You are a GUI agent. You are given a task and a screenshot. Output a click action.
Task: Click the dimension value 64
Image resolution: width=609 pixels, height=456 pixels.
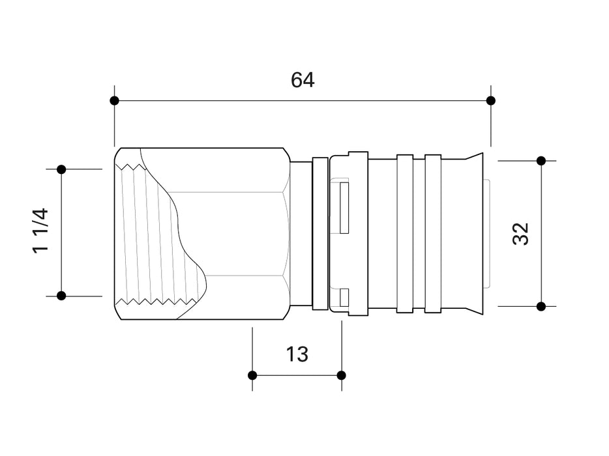pos(303,80)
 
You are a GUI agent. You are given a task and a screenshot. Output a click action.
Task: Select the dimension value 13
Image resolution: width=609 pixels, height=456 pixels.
pos(297,354)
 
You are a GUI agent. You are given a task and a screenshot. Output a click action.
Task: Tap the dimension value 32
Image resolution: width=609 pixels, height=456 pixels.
pos(521,233)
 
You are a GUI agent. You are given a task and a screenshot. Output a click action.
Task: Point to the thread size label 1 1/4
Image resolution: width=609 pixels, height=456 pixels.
pos(40,231)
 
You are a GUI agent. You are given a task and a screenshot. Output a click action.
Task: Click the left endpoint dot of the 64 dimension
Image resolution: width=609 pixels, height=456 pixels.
pos(115,100)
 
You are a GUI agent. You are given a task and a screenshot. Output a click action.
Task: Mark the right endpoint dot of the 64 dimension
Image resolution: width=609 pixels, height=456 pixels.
pos(491,100)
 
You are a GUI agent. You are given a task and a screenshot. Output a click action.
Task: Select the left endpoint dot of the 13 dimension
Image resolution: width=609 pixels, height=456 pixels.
pos(252,375)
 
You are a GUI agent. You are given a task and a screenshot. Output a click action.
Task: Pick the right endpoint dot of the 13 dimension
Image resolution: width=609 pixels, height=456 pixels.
pos(342,375)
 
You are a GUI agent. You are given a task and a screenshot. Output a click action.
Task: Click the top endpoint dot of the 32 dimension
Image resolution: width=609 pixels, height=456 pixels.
pos(541,160)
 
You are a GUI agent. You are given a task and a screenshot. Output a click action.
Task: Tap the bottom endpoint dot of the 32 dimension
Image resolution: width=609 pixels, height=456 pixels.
pos(541,306)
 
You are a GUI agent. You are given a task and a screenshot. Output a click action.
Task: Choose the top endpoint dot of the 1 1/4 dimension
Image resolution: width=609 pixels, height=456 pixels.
pos(61,169)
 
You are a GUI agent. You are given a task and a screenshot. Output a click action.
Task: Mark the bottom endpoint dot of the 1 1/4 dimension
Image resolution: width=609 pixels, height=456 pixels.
pos(61,296)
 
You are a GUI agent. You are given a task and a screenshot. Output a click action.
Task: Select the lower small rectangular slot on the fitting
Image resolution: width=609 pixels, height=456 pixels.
pos(344,298)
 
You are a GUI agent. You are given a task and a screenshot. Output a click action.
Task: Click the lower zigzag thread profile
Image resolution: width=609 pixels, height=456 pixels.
pos(156,302)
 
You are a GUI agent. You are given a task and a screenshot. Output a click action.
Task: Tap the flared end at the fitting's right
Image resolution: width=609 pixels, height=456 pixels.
pos(474,233)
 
